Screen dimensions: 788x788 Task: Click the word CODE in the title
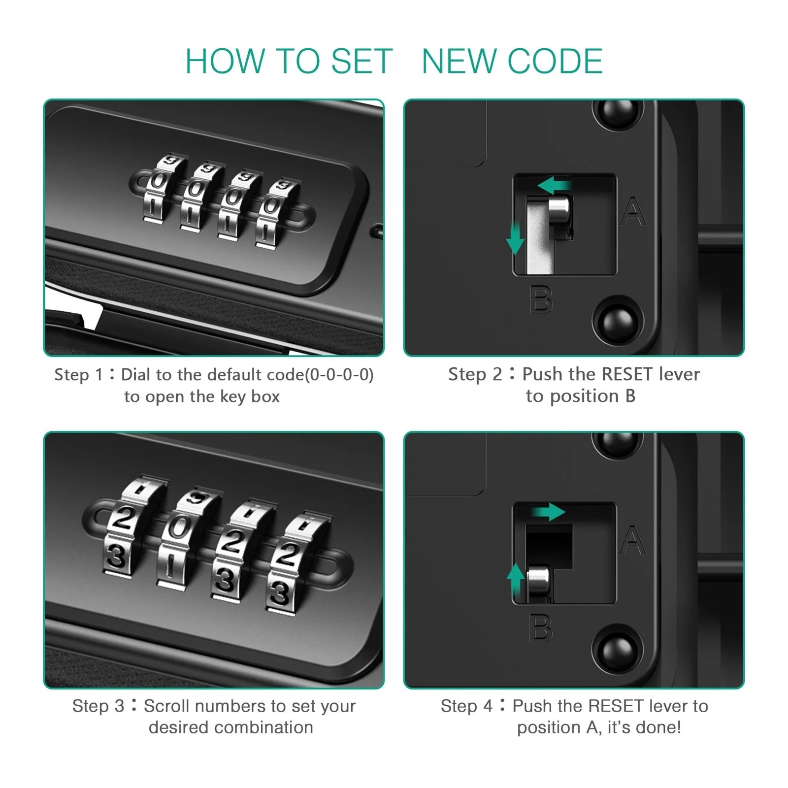pyautogui.click(x=555, y=61)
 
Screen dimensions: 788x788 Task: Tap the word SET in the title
pyautogui.click(x=361, y=61)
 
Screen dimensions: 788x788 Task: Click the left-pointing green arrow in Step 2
pyautogui.click(x=554, y=186)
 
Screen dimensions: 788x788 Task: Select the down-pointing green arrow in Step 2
pyautogui.click(x=515, y=238)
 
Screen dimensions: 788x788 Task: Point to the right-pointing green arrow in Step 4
pyautogui.click(x=548, y=512)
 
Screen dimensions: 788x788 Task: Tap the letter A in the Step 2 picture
pyautogui.click(x=633, y=212)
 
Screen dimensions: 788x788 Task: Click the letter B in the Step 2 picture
pyautogui.click(x=541, y=299)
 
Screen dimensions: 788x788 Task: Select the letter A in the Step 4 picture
pyautogui.click(x=633, y=540)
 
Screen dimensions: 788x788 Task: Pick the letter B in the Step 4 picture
pyautogui.click(x=541, y=628)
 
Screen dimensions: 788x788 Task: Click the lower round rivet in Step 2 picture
pyautogui.click(x=618, y=321)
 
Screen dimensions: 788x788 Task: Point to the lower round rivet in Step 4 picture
pyautogui.click(x=618, y=650)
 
